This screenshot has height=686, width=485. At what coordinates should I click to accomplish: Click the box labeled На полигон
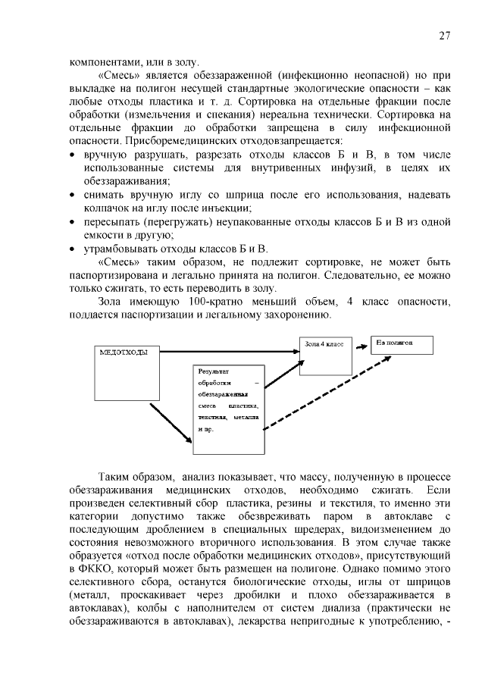402,345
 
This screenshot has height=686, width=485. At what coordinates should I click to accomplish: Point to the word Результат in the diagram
214,371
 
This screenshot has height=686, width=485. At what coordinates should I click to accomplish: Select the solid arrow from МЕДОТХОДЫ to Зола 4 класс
227,351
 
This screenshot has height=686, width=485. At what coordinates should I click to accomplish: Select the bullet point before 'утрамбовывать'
73,248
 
